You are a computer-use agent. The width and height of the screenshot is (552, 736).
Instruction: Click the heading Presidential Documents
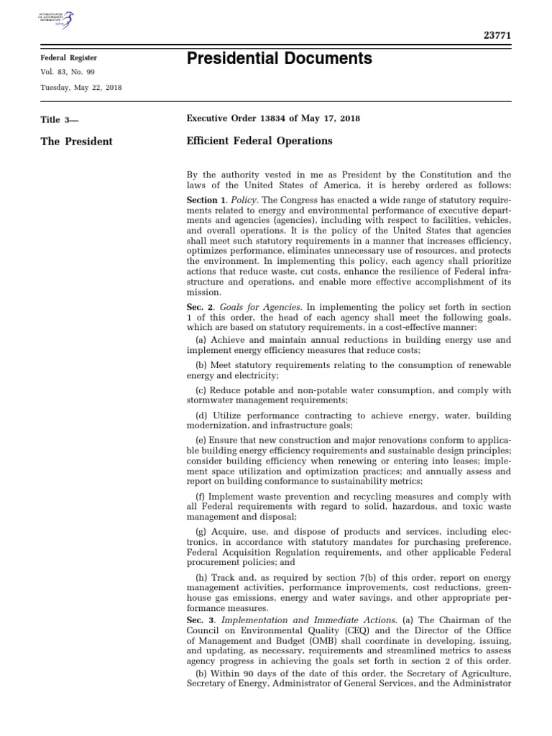coord(279,59)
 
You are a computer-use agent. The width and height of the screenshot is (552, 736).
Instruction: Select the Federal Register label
coord(68,58)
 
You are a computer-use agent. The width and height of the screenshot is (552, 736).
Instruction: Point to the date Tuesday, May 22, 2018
coord(80,87)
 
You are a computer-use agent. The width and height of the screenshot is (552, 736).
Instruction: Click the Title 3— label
coord(60,119)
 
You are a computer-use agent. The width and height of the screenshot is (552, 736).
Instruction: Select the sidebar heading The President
coord(77,142)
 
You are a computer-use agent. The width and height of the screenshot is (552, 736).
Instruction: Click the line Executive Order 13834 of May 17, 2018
coord(273,119)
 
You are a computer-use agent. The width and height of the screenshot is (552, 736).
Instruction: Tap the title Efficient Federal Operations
coord(259,141)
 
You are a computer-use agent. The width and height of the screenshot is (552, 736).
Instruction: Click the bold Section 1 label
coord(201,199)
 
